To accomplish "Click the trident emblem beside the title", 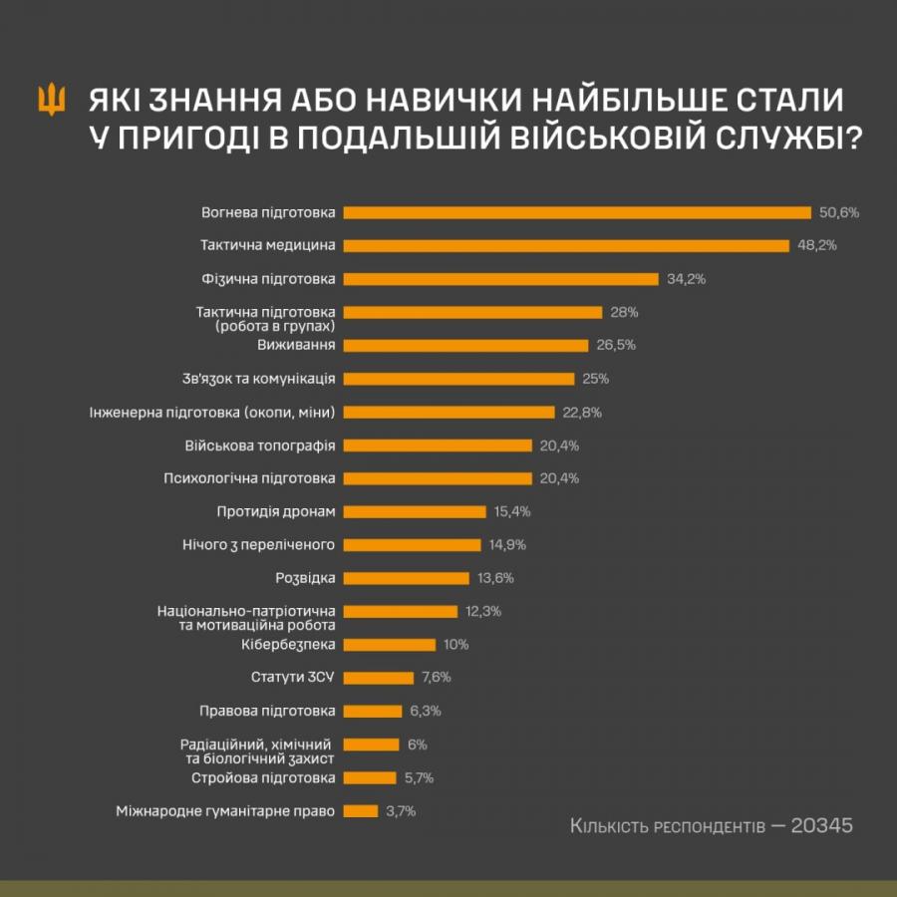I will [x=51, y=100].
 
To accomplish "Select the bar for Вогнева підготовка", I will [x=577, y=212].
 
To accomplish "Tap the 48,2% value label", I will [x=816, y=245].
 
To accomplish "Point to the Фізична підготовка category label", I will [x=268, y=279].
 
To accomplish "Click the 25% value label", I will [x=596, y=379].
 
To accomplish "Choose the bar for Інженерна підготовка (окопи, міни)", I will [x=449, y=412].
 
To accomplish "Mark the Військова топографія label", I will [x=260, y=446].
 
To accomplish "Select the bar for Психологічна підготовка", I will [x=439, y=478].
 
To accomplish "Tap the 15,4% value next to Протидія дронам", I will [x=512, y=511].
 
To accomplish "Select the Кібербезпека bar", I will [x=390, y=645].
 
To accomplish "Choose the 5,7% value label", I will [x=418, y=777].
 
